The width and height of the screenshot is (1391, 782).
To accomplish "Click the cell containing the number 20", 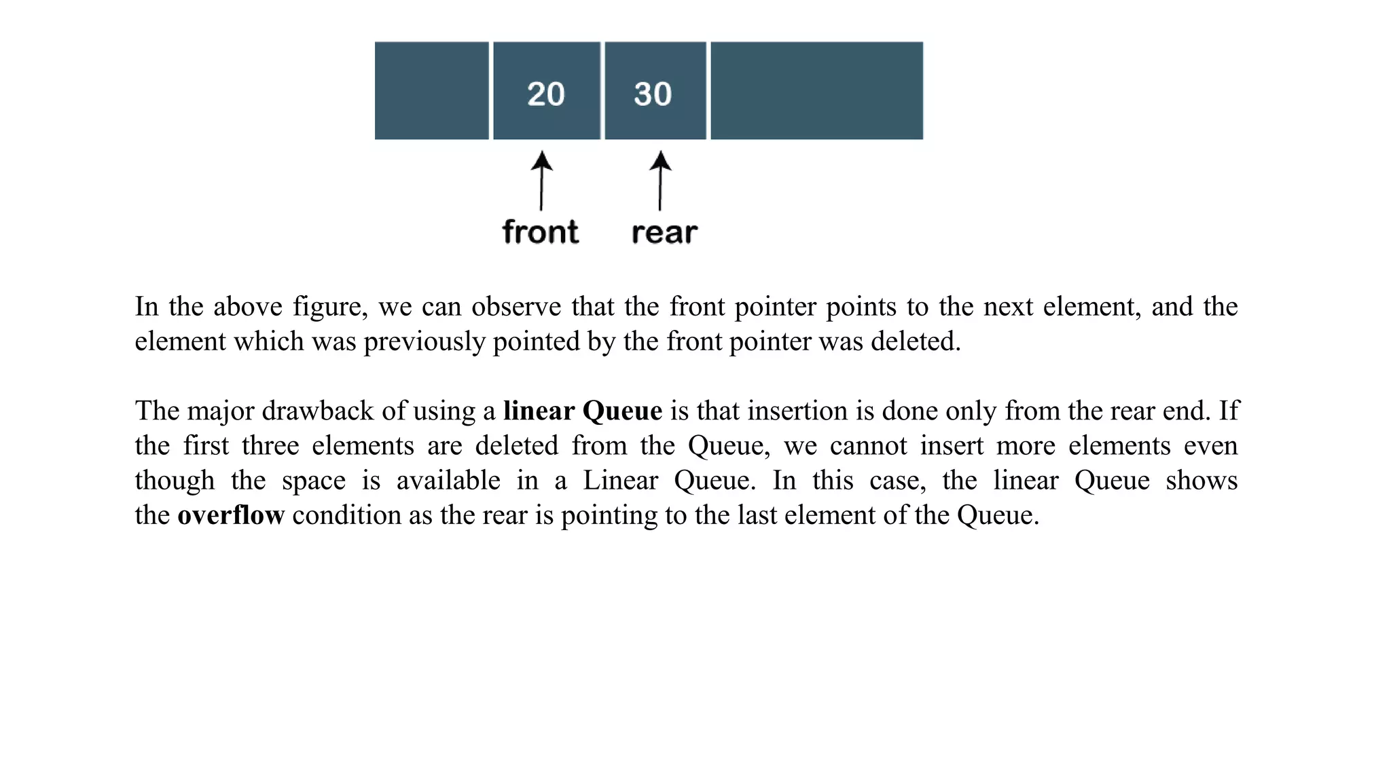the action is [x=546, y=91].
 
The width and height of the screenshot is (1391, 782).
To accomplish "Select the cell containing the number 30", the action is [x=655, y=91].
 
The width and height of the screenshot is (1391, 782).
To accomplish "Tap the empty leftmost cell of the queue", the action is [x=431, y=91].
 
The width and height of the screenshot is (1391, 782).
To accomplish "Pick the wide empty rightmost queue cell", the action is [x=816, y=91].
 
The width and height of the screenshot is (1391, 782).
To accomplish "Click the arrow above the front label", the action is [x=541, y=181].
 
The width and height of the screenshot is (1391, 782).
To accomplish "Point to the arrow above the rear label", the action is [x=660, y=181].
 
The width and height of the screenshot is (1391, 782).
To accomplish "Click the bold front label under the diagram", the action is [x=541, y=232].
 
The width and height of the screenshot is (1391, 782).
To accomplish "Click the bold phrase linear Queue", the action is [x=583, y=411].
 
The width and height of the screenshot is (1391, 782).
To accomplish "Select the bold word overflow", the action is [x=231, y=515].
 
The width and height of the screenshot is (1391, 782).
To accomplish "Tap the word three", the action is [x=270, y=446].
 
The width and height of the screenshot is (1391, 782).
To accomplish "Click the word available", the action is [x=448, y=481].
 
